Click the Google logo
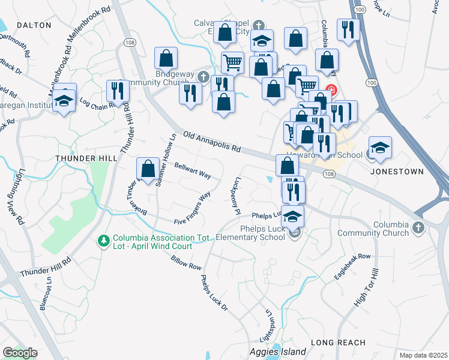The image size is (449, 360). pyautogui.click(x=20, y=353)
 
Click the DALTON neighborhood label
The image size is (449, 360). pyautogui.click(x=34, y=25)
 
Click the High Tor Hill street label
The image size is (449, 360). pyautogui.click(x=367, y=288)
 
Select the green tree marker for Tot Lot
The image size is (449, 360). pyautogui.click(x=103, y=241)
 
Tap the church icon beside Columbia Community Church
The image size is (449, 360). pyautogui.click(x=418, y=228)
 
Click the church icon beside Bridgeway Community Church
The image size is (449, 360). pyautogui.click(x=203, y=77)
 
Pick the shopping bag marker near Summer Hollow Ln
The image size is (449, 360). pyautogui.click(x=148, y=169)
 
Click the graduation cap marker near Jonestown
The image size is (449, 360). pyautogui.click(x=379, y=148)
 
